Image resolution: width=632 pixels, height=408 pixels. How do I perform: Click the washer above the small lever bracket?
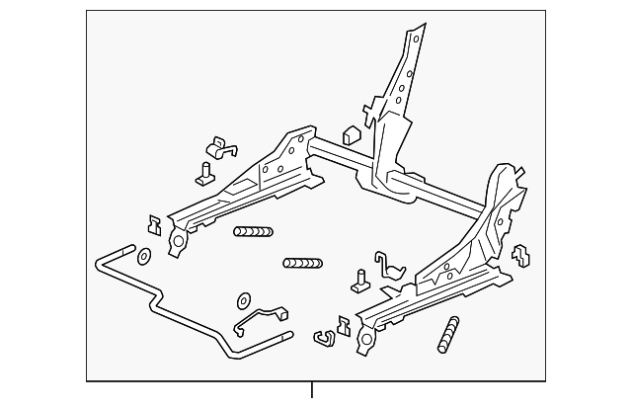(x=243, y=299)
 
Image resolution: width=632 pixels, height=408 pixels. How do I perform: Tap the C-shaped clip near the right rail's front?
(x=322, y=338)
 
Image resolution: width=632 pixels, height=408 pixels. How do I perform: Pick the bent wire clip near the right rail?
(x=392, y=269)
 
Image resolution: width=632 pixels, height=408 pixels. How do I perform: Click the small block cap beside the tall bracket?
(x=349, y=135)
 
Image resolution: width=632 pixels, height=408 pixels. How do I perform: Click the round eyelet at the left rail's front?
(x=178, y=243)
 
